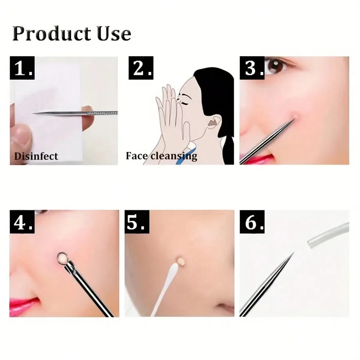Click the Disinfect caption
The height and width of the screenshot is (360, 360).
(36, 156)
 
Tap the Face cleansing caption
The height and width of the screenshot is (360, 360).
(161, 156)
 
